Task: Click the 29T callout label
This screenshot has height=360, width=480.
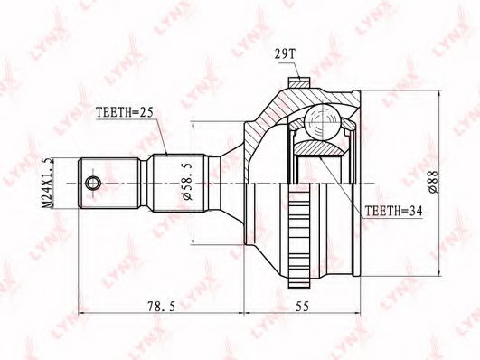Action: (285, 55)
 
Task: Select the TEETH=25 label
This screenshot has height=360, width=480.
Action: (124, 112)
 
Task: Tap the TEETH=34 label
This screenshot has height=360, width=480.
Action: (394, 211)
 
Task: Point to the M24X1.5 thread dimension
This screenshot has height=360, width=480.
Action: (46, 184)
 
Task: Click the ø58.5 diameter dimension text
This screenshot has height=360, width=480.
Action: (187, 182)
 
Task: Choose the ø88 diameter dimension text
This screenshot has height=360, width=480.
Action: (434, 182)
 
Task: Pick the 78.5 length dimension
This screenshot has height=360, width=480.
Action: (161, 306)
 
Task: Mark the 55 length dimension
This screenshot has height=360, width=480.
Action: (302, 306)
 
